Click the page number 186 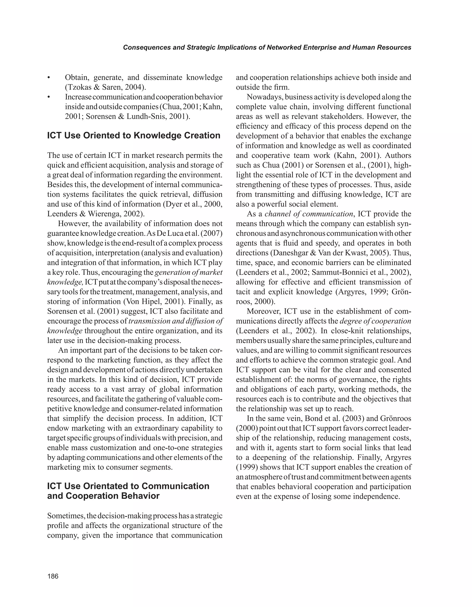tap(53, 576)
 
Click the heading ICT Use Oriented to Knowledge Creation tap(134, 136)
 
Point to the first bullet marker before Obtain tap(49, 78)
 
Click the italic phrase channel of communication tap(309, 214)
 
